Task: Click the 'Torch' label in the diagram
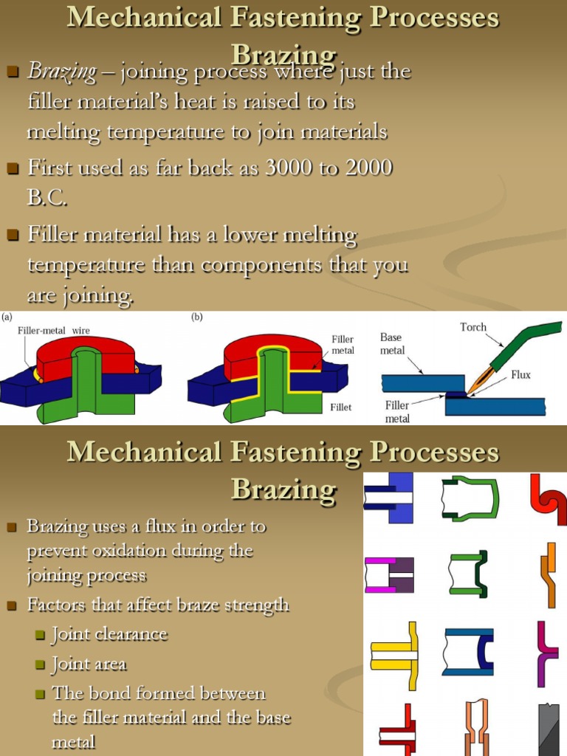pyautogui.click(x=473, y=327)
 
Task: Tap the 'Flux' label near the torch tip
pyautogui.click(x=521, y=374)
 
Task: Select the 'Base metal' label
pyautogui.click(x=392, y=343)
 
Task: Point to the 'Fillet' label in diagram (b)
pyautogui.click(x=341, y=407)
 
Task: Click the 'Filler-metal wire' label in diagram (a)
pyautogui.click(x=54, y=331)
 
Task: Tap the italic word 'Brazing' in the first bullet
pyautogui.click(x=62, y=72)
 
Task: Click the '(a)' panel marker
pyautogui.click(x=7, y=318)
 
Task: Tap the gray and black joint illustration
pyautogui.click(x=549, y=728)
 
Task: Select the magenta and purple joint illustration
pyautogui.click(x=389, y=574)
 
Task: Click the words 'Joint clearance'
pyautogui.click(x=109, y=634)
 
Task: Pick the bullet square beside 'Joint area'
pyautogui.click(x=41, y=665)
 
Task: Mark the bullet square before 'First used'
pyautogui.click(x=12, y=169)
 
